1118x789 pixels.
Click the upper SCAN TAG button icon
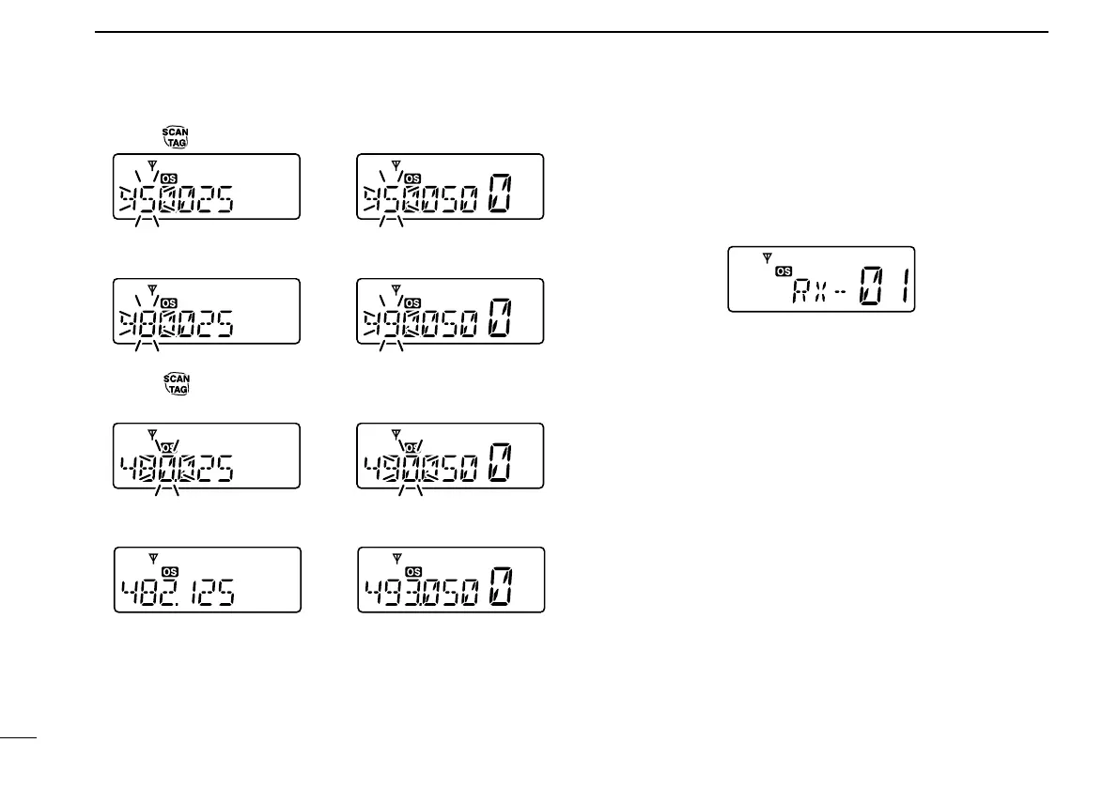(x=176, y=137)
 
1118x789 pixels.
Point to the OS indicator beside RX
(x=784, y=271)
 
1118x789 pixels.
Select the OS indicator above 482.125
(x=170, y=571)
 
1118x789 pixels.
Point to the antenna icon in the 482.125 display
(x=153, y=556)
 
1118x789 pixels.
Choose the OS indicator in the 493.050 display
(x=413, y=571)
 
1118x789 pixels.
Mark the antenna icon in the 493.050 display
(x=396, y=556)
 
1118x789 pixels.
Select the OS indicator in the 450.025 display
(x=168, y=178)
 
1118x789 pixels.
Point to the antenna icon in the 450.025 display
(x=152, y=162)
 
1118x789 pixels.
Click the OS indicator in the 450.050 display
(x=413, y=178)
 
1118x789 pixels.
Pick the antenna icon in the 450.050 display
(x=396, y=162)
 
